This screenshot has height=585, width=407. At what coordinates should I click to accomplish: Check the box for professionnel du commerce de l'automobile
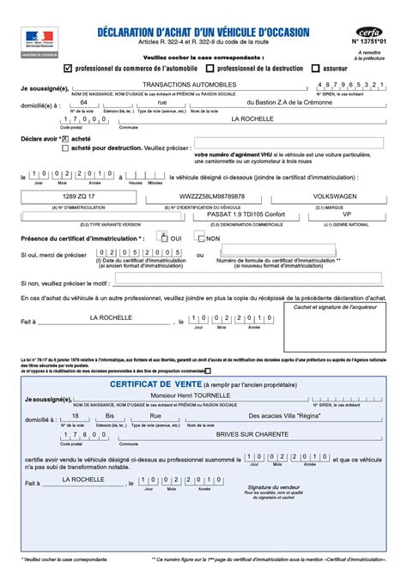(68, 66)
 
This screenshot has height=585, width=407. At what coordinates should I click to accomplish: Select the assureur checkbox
(316, 66)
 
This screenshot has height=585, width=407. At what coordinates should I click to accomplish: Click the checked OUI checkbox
(165, 238)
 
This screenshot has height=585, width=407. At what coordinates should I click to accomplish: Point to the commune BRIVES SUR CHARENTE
(252, 434)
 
